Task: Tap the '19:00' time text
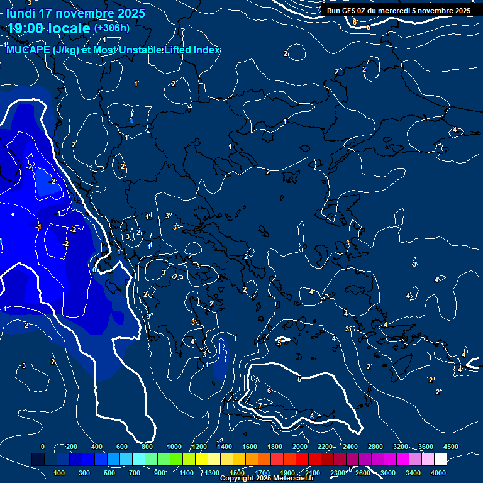pyautogui.click(x=26, y=28)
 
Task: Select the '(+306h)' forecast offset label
pyautogui.click(x=111, y=28)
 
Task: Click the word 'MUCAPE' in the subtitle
pyautogui.click(x=28, y=50)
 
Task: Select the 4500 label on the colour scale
pyautogui.click(x=450, y=446)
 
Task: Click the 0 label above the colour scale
pyautogui.click(x=43, y=446)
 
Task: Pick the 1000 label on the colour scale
pyautogui.click(x=174, y=446)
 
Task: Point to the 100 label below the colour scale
pyautogui.click(x=60, y=473)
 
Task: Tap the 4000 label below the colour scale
pyautogui.click(x=438, y=473)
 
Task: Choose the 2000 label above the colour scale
pyautogui.click(x=300, y=446)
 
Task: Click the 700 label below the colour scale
pyautogui.click(x=135, y=473)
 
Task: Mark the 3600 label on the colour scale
pyautogui.click(x=426, y=446)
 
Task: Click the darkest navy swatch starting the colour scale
pyautogui.click(x=38, y=460)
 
